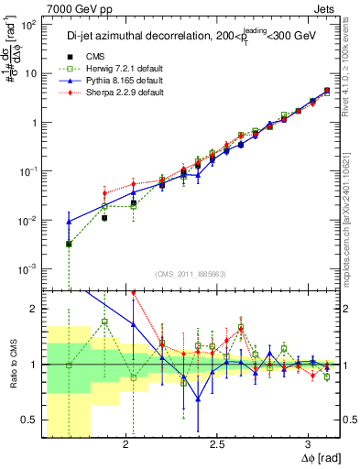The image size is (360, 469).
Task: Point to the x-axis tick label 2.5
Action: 217,446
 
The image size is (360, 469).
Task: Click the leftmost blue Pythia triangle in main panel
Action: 69,222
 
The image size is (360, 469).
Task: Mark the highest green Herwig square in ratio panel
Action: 104,322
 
